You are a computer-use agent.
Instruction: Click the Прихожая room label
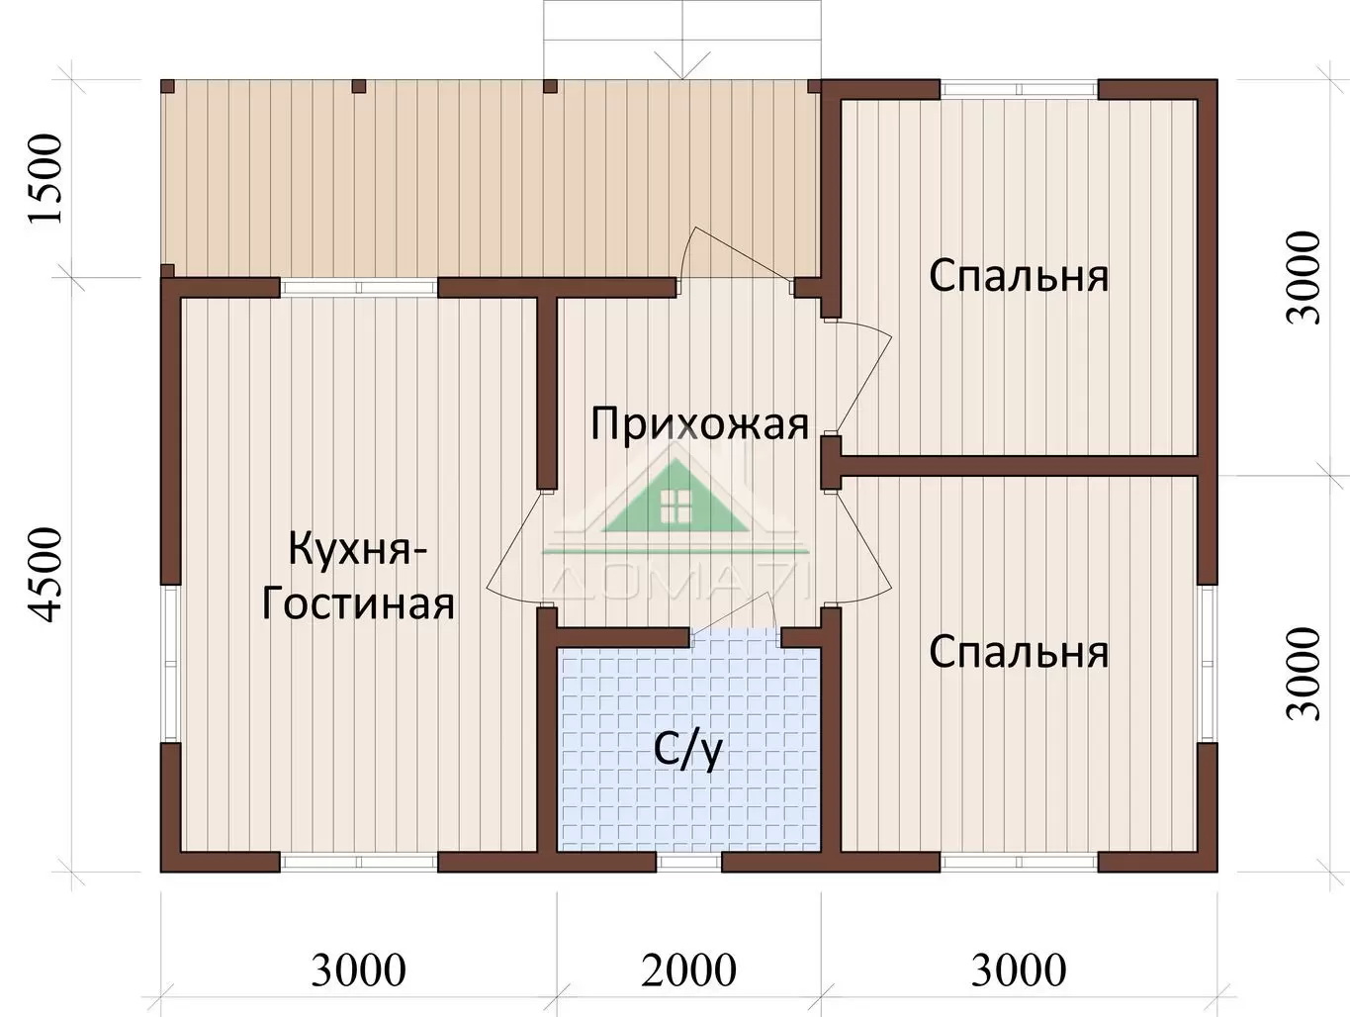pyautogui.click(x=699, y=425)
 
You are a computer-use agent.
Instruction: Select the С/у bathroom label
pyautogui.click(x=687, y=751)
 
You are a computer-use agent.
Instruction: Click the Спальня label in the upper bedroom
pyautogui.click(x=1019, y=276)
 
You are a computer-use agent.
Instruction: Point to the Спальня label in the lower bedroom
pyautogui.click(x=1019, y=652)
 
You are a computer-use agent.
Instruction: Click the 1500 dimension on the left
pyautogui.click(x=45, y=179)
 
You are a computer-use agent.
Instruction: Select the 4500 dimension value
pyautogui.click(x=45, y=575)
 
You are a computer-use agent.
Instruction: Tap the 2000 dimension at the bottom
pyautogui.click(x=688, y=971)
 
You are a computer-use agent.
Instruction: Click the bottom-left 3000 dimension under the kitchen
pyautogui.click(x=359, y=971)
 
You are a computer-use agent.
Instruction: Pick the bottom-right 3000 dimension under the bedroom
pyautogui.click(x=1019, y=971)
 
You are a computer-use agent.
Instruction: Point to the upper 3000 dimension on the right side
pyautogui.click(x=1304, y=277)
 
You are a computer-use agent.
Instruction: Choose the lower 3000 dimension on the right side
pyautogui.click(x=1304, y=673)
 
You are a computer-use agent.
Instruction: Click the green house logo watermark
pyautogui.click(x=676, y=500)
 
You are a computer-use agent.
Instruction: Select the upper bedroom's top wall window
pyautogui.click(x=1019, y=89)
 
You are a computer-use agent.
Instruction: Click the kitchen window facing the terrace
pyautogui.click(x=359, y=288)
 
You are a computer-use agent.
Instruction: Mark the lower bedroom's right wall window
pyautogui.click(x=1208, y=664)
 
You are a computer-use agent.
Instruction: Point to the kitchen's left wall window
pyautogui.click(x=170, y=664)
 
